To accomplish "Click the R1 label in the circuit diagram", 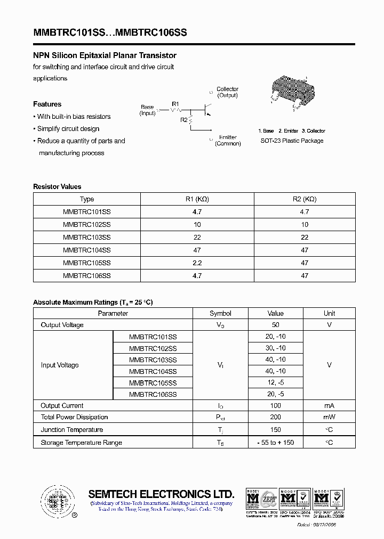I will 176,104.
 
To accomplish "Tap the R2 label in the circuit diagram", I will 184,120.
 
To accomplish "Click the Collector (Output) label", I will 228,92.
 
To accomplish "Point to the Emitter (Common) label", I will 228,141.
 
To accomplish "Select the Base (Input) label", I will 147,110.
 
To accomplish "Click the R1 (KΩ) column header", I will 197,199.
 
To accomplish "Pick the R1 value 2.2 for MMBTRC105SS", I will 197,263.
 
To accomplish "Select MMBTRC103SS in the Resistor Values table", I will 87,237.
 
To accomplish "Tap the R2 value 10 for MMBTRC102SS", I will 305,224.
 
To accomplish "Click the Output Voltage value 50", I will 276,325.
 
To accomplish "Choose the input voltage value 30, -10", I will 276,348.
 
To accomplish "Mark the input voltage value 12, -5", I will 276,383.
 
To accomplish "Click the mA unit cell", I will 329,406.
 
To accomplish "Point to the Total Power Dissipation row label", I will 75,417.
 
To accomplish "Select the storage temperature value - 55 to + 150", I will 276,443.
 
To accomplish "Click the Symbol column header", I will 220,314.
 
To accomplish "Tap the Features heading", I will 47,104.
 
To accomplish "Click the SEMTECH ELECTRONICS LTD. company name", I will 161,494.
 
